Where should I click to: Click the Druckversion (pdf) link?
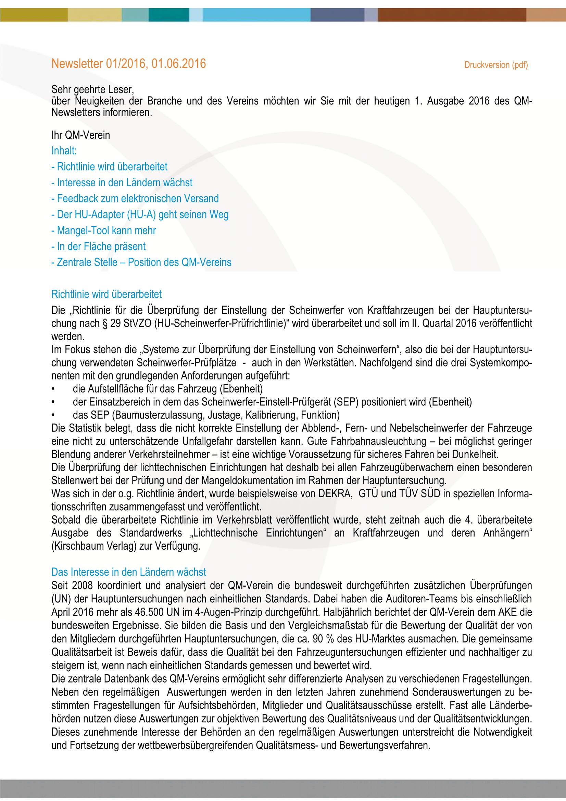pyautogui.click(x=495, y=65)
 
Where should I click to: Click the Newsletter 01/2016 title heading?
pyautogui.click(x=128, y=63)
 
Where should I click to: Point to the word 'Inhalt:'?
pyautogui.click(x=64, y=150)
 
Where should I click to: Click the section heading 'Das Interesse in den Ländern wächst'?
pyautogui.click(x=128, y=572)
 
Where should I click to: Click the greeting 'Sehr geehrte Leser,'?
pyautogui.click(x=92, y=89)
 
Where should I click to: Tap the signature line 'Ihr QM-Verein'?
pyautogui.click(x=80, y=135)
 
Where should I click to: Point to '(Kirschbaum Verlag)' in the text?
pyautogui.click(x=94, y=546)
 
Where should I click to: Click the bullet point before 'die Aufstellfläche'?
pyautogui.click(x=53, y=389)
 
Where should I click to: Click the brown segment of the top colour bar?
pyautogui.click(x=452, y=15)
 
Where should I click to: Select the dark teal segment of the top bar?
pyautogui.click(x=169, y=15)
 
